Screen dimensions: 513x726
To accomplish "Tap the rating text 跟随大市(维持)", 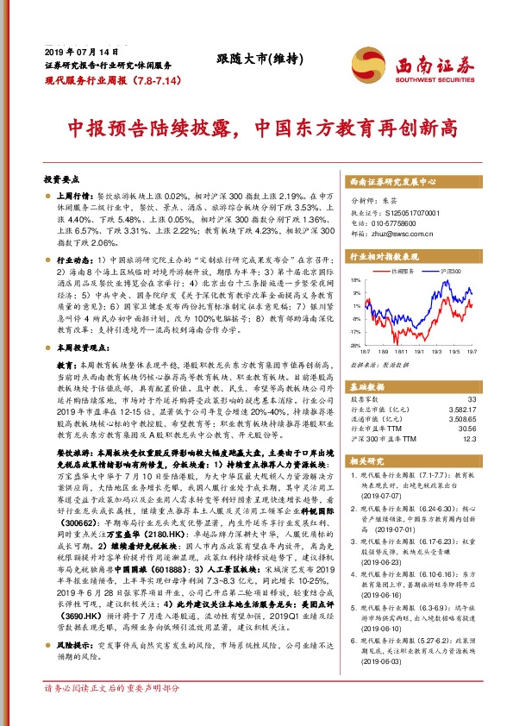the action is (244, 60).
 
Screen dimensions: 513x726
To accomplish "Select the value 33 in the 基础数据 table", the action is (471, 399).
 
